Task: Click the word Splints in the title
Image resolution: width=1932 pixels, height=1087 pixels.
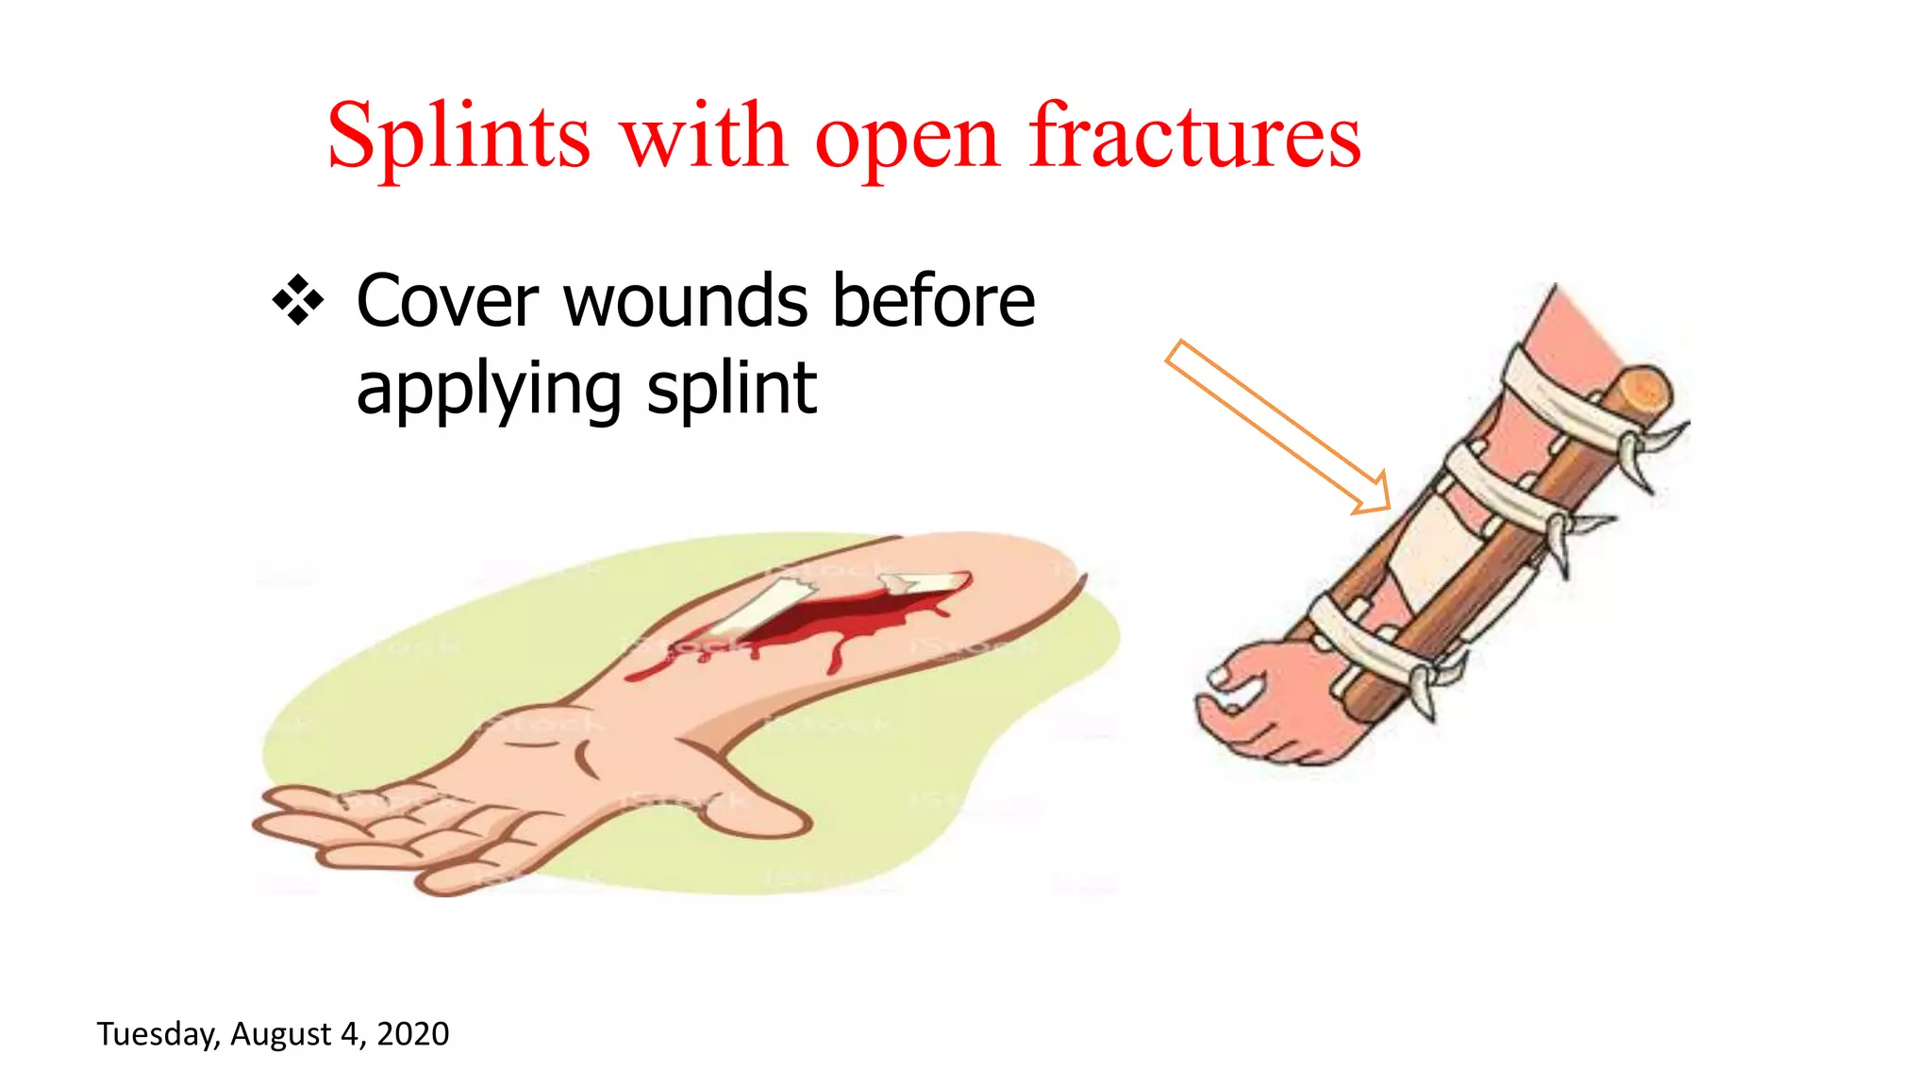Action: tap(458, 137)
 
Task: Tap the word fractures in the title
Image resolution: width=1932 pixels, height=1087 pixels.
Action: tap(1194, 137)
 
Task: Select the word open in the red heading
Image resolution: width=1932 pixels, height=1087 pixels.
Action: tap(906, 142)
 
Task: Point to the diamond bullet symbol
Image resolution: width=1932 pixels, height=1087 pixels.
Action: tap(298, 300)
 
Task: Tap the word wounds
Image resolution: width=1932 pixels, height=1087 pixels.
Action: tap(686, 302)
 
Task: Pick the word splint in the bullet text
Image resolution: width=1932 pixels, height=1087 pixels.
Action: tap(731, 389)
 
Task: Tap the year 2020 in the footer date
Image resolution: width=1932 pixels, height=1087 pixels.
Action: tap(412, 1034)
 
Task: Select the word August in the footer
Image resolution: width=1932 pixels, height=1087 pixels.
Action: tap(280, 1034)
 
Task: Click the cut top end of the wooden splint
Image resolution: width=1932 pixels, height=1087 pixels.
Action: tap(1641, 387)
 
